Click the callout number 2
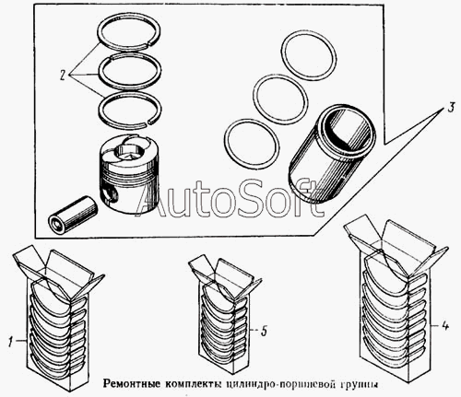pos(63,75)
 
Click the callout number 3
pos(450,108)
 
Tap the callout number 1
pos(11,342)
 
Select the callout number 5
pos(265,331)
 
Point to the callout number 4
pos(445,326)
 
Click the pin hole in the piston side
pos(110,193)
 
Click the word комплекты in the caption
pos(193,384)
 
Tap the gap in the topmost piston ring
pos(147,45)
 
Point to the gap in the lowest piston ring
pos(148,123)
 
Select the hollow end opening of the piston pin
pos(57,223)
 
